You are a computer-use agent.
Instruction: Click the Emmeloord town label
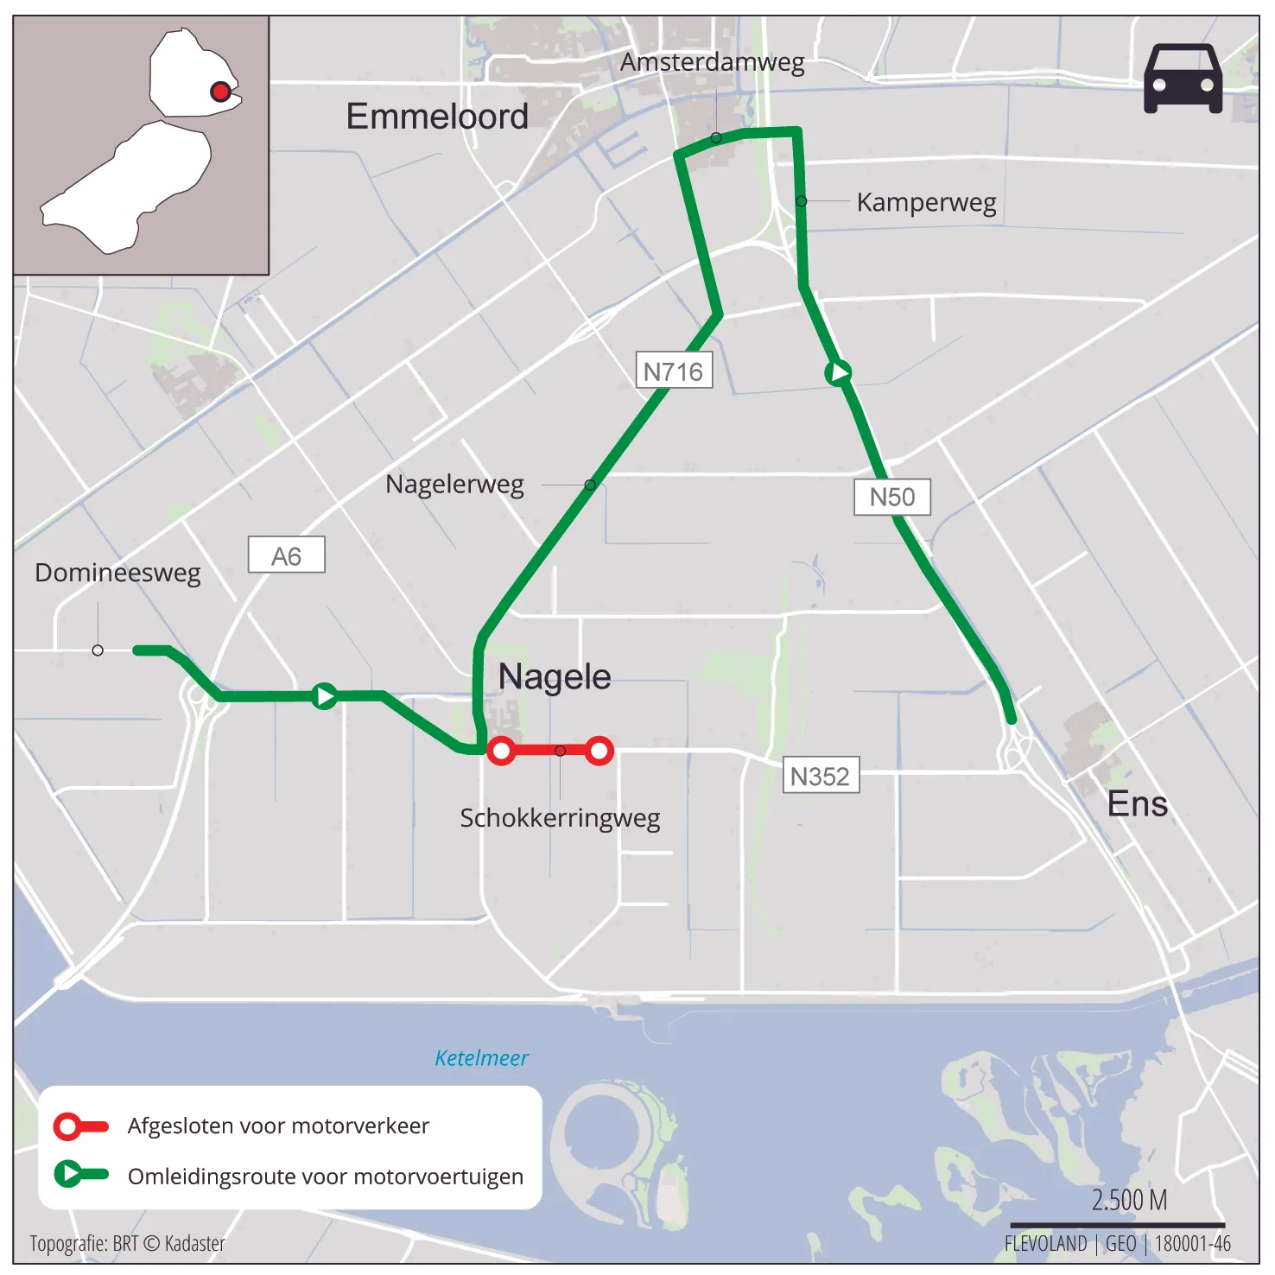point(437,117)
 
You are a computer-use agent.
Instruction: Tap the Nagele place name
point(555,676)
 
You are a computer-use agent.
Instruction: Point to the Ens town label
point(1137,804)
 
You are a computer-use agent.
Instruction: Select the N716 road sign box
point(674,371)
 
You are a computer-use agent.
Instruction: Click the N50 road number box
point(891,497)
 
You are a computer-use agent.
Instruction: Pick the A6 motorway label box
point(286,555)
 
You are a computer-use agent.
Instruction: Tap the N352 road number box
point(820,776)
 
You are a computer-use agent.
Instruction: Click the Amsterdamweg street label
point(712,62)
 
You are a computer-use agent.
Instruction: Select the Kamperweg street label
point(926,202)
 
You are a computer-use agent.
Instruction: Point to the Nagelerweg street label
point(454,485)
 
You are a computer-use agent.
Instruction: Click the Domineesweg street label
point(117,573)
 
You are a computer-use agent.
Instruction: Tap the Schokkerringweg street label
point(560,817)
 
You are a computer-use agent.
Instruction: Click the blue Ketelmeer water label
point(481,1058)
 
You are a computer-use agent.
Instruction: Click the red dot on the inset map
point(220,92)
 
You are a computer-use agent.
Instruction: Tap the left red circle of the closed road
point(501,751)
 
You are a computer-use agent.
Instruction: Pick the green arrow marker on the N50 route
point(838,372)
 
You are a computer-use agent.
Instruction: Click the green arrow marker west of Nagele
point(325,695)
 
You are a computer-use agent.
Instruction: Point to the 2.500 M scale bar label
point(1128,1201)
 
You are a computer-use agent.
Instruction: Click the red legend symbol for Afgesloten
point(80,1126)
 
